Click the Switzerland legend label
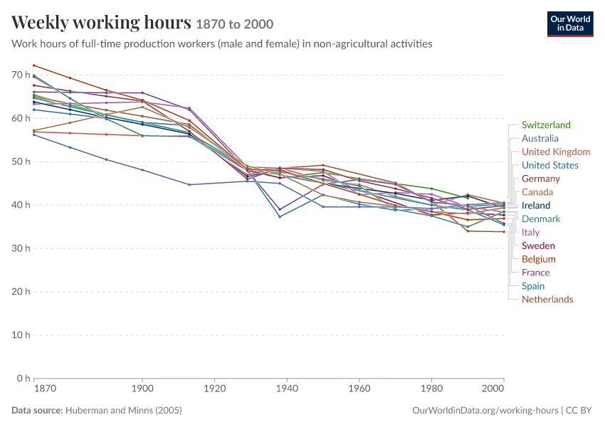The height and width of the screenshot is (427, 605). tap(546, 125)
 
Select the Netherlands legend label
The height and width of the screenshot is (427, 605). tap(547, 300)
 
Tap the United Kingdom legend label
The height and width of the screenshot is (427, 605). tap(556, 152)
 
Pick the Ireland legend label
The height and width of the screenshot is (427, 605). tap(536, 206)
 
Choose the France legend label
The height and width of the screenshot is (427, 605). tap(535, 273)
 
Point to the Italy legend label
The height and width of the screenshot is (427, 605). tap(530, 232)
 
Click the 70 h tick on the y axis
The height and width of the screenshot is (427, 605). tap(21, 75)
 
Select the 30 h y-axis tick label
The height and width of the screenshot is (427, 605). tap(21, 248)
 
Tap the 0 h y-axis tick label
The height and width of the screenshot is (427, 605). tap(23, 379)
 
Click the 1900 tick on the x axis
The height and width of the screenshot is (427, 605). tap(142, 388)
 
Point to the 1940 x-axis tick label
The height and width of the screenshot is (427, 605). tap(287, 388)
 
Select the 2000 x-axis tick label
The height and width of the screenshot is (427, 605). tap(493, 388)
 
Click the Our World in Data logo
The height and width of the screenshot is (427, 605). tap(570, 24)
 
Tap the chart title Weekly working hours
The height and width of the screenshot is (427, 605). tap(101, 22)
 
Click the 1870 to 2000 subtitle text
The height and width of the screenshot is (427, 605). tap(235, 24)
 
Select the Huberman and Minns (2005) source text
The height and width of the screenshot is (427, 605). tap(123, 410)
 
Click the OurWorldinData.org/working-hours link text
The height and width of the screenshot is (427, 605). tap(485, 410)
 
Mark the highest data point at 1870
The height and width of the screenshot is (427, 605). tap(34, 65)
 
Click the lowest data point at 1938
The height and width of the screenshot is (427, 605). tap(280, 217)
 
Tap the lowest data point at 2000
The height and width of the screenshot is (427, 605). tap(504, 232)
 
